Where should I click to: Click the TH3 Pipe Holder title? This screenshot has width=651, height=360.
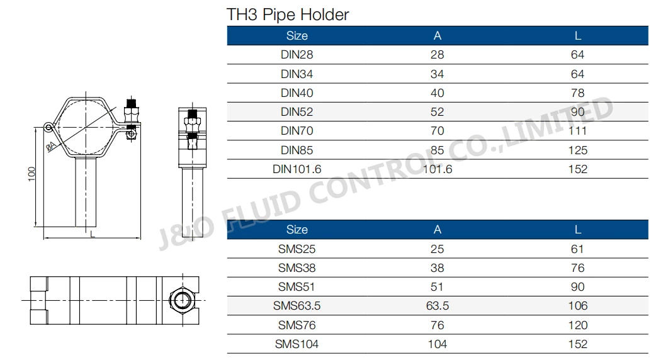click(x=288, y=14)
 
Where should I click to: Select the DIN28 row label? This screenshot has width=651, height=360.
click(x=297, y=55)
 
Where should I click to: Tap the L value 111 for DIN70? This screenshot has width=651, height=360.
click(x=577, y=131)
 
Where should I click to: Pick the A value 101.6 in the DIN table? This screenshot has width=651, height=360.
click(x=437, y=169)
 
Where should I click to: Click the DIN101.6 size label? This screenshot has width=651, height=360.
click(x=297, y=169)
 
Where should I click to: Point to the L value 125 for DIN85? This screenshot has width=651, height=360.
click(x=577, y=150)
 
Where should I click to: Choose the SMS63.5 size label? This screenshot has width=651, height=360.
click(x=297, y=306)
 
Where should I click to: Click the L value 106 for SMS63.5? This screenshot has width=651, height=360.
click(x=577, y=306)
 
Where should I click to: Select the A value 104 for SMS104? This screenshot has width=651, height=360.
click(x=437, y=344)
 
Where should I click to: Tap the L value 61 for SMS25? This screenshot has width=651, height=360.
click(x=577, y=249)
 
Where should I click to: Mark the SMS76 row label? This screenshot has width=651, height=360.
click(x=297, y=325)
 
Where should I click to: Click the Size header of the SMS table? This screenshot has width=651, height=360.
click(x=297, y=230)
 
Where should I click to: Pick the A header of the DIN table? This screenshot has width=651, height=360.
click(x=438, y=36)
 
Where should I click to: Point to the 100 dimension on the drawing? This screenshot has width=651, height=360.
click(x=32, y=174)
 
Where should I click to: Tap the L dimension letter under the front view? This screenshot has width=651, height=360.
click(x=93, y=234)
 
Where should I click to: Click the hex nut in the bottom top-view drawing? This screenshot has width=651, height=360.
click(x=182, y=298)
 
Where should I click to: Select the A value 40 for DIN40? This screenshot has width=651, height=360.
click(x=437, y=93)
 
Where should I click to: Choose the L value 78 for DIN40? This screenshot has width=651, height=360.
click(x=577, y=93)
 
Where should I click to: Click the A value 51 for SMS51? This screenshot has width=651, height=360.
click(x=437, y=287)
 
